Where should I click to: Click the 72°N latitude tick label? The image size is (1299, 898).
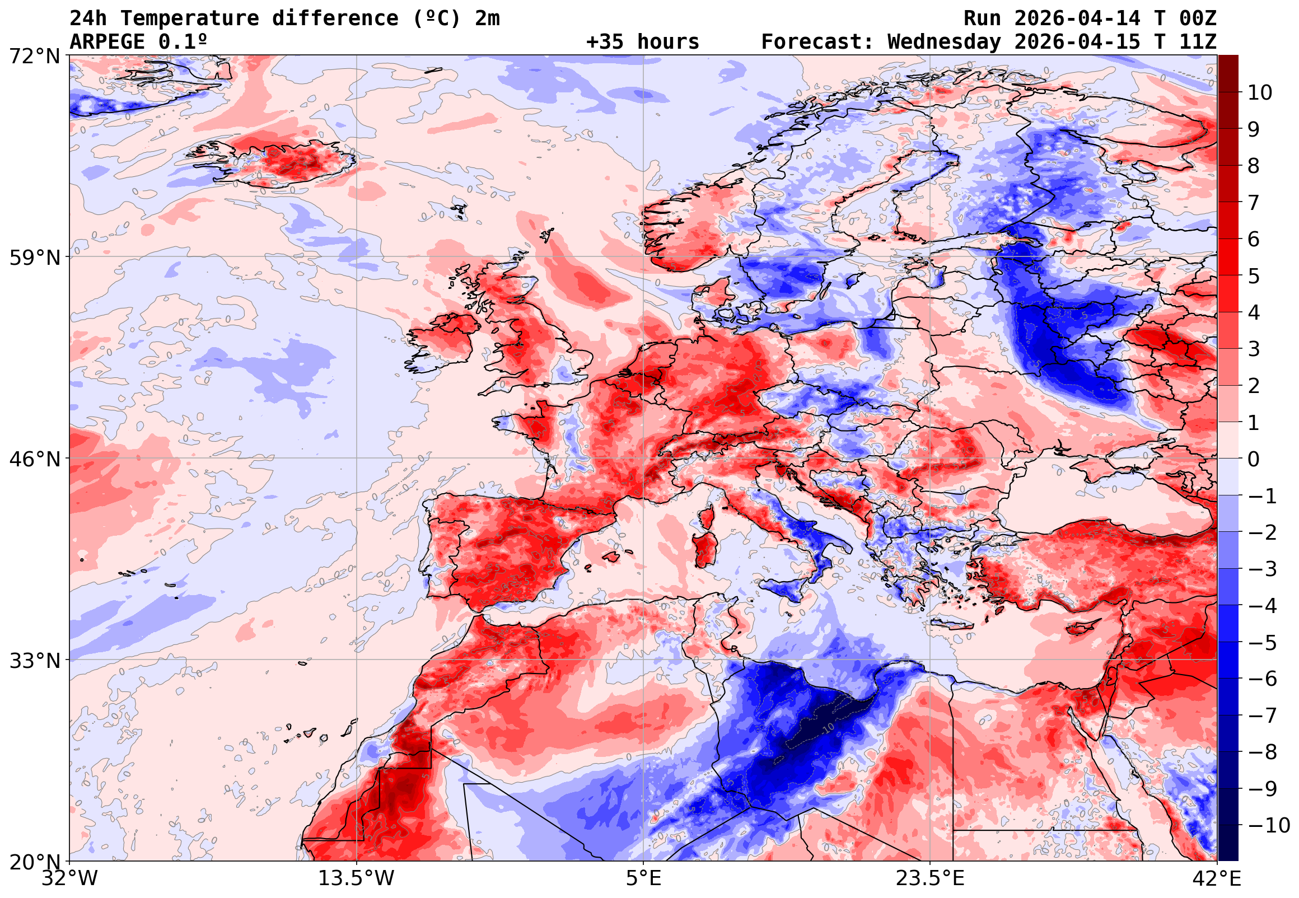click(x=34, y=57)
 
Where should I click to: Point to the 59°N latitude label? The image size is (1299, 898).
click(x=34, y=258)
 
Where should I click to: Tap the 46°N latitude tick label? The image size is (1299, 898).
click(x=34, y=459)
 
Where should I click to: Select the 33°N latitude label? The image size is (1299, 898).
click(x=34, y=661)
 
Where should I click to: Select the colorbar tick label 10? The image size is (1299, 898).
click(x=1260, y=93)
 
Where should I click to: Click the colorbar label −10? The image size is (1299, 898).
click(x=1269, y=825)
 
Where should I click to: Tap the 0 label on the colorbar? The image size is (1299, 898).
click(x=1254, y=459)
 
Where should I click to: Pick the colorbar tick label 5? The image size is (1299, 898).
click(x=1254, y=276)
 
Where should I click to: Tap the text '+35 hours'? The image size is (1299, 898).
click(x=642, y=42)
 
